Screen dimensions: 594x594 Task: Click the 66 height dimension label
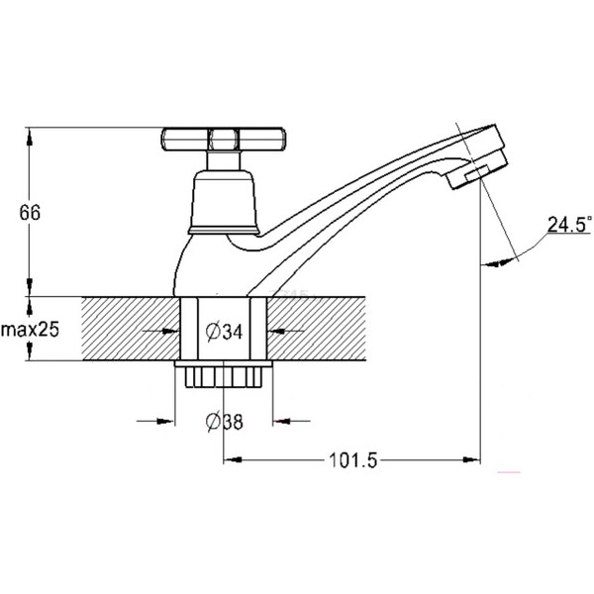[x=30, y=213]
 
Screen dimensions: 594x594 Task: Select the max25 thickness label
[x=31, y=330]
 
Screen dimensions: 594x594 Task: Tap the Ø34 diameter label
[x=224, y=332]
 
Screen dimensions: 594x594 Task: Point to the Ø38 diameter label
[x=225, y=422]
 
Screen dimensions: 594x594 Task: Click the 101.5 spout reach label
[x=353, y=460]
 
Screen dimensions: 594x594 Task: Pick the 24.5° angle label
[x=569, y=225]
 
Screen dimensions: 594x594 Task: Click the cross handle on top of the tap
[x=223, y=140]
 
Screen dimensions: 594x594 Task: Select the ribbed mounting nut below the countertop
[x=224, y=374]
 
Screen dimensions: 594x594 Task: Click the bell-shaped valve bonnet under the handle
[x=224, y=202]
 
